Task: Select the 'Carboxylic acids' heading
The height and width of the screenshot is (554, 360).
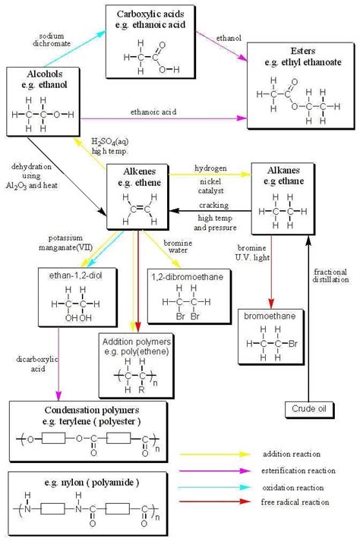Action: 156,14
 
